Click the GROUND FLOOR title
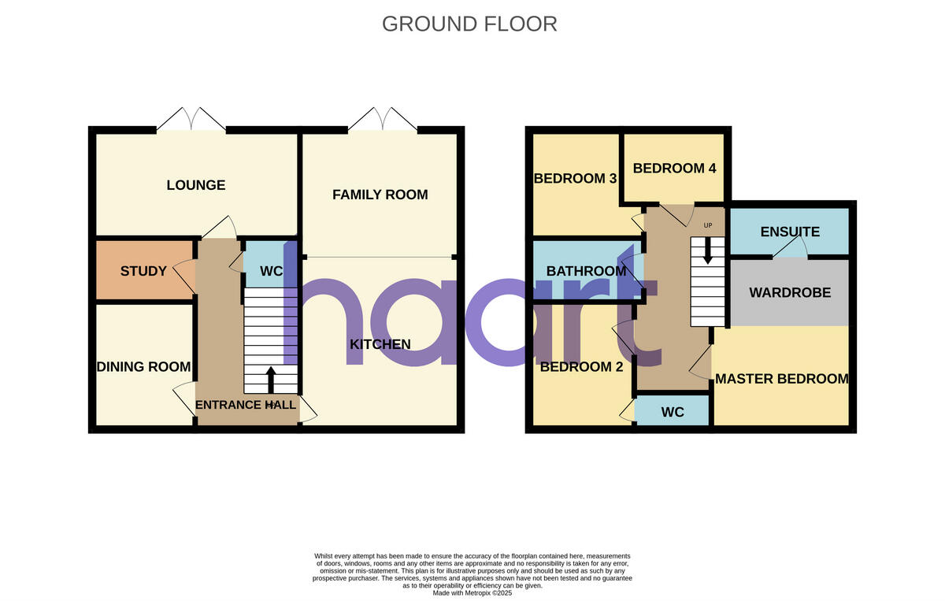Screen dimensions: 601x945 [469, 24]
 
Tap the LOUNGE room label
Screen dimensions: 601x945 [196, 185]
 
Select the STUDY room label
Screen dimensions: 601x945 [143, 271]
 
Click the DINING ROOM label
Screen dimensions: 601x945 [143, 366]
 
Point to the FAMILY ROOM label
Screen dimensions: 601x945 [380, 195]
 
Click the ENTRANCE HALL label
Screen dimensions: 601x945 [246, 405]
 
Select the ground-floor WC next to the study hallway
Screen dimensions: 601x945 [271, 271]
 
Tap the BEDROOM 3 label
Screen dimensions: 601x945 [575, 178]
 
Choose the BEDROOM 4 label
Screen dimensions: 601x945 [674, 168]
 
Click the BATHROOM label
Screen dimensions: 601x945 [586, 271]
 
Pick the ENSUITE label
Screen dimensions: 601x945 [790, 232]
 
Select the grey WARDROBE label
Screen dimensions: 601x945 [790, 292]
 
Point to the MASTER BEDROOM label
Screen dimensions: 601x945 [781, 379]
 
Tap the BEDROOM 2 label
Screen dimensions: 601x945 [576, 366]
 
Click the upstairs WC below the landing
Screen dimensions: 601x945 [673, 411]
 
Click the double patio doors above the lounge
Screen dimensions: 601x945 [191, 120]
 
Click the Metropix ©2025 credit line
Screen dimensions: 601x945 [472, 593]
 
